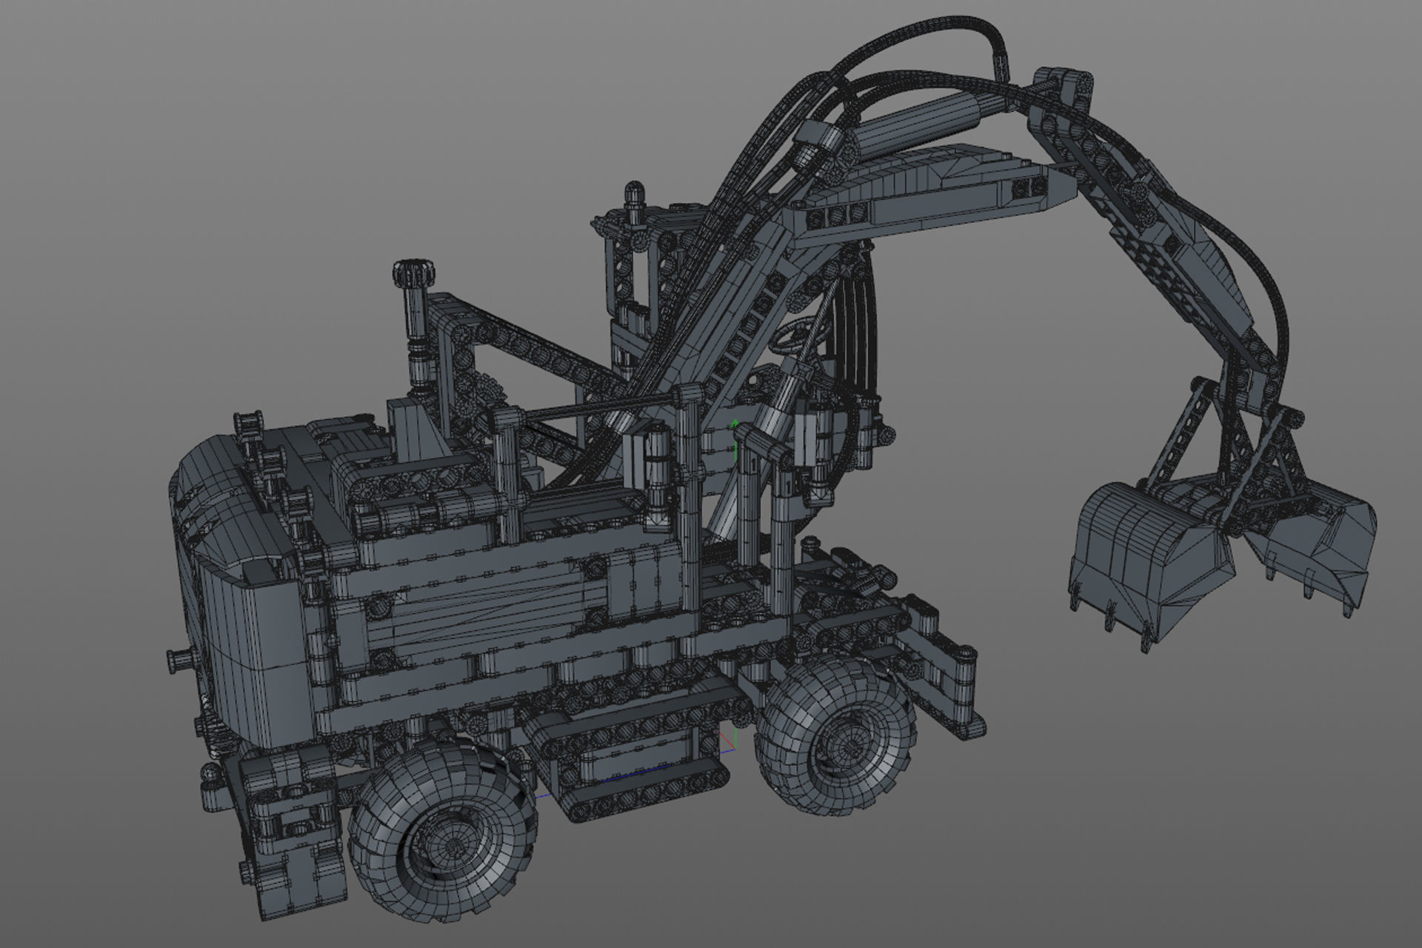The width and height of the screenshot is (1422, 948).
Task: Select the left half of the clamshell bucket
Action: click(x=1141, y=555)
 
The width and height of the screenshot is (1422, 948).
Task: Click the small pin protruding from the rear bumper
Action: click(x=178, y=657)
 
